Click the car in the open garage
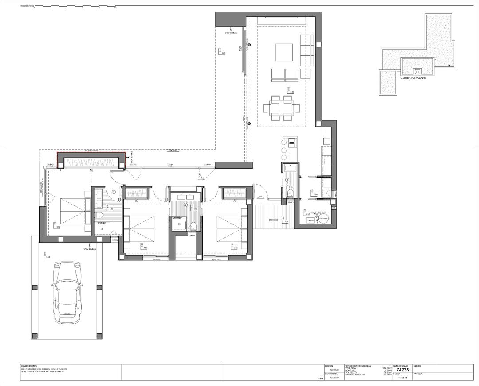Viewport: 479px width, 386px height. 67,292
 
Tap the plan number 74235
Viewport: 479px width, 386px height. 402,370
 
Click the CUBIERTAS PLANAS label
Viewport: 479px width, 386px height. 413,77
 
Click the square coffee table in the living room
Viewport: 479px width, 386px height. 284,52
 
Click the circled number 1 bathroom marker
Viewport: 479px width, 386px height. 114,192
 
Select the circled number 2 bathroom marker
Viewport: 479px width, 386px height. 185,205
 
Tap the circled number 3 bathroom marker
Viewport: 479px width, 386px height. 287,180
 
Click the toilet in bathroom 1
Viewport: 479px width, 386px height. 99,216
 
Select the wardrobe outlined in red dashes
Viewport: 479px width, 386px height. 91,160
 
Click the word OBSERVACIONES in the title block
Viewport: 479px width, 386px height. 29,366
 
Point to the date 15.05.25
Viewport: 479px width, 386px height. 402,378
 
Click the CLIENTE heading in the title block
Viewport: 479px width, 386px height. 418,366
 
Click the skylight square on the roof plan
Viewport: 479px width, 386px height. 417,71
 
